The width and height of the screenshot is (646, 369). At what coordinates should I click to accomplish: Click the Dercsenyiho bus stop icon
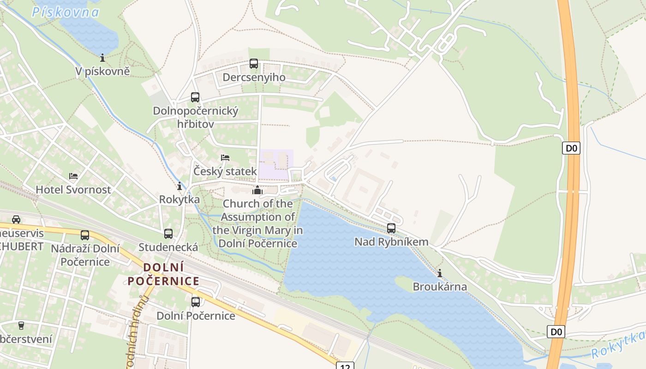tap(253, 64)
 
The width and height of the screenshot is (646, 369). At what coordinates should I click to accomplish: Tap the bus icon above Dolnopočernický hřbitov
tap(195, 97)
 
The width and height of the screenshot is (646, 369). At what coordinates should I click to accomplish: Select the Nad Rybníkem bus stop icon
tap(391, 228)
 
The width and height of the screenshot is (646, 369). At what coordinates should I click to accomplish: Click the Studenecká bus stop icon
tap(168, 234)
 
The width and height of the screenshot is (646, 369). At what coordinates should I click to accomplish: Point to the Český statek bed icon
tap(225, 158)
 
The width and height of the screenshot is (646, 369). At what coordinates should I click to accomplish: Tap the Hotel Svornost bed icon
tap(73, 176)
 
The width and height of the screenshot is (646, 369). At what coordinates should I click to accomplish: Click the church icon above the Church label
tap(257, 190)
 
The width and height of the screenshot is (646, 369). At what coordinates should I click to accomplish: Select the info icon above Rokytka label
tap(179, 186)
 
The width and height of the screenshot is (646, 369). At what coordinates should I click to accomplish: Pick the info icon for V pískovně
tap(102, 58)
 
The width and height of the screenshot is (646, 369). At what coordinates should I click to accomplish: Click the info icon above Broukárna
tap(439, 273)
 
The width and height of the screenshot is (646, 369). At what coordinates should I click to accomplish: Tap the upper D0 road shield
tap(571, 148)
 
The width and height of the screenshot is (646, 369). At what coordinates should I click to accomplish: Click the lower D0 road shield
tap(556, 332)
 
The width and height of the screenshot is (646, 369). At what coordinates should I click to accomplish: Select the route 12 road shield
tap(345, 366)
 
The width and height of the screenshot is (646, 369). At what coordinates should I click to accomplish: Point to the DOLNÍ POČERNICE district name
tap(163, 274)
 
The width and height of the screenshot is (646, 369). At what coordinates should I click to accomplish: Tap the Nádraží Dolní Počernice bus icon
tap(85, 235)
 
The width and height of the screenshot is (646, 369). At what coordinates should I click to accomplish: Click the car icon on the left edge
tap(16, 219)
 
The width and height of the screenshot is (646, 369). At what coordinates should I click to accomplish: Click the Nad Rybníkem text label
tap(391, 242)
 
